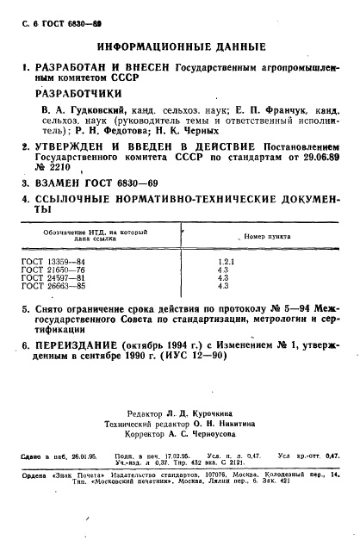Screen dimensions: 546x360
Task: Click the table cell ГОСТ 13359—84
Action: coord(54,259)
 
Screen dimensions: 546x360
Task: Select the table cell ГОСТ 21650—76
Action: coord(54,269)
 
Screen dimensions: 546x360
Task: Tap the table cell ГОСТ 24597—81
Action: coord(54,278)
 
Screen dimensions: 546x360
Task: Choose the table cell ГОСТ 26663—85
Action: coord(54,288)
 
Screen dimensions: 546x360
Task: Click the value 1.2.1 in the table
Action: coord(225,259)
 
